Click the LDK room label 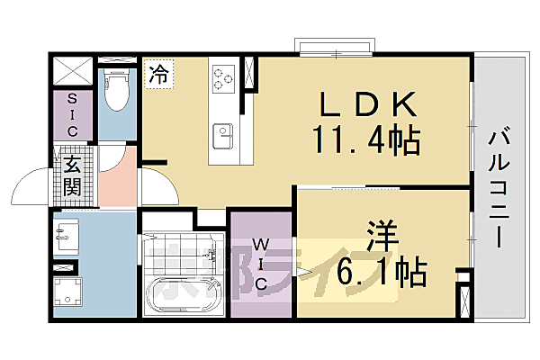tap(365, 104)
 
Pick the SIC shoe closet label tap(72, 115)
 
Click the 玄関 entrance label tap(71, 175)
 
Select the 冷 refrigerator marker tap(159, 73)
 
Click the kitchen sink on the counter tap(222, 137)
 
